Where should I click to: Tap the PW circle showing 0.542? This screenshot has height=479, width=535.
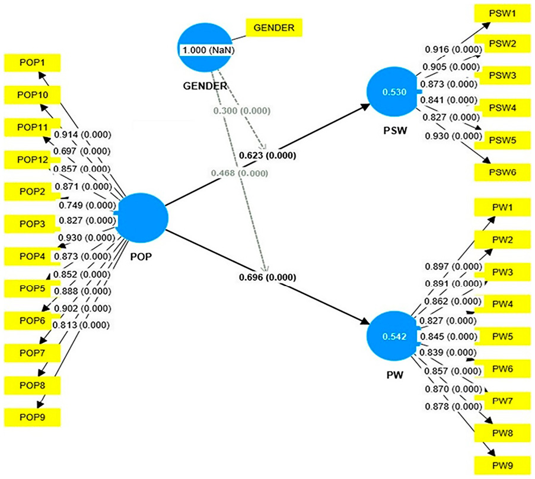[392, 337]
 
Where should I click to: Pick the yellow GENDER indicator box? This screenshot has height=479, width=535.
[275, 27]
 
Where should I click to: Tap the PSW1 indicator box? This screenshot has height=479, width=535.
[502, 12]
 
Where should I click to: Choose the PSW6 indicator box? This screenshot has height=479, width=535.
[502, 172]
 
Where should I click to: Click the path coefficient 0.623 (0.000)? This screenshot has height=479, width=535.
[267, 156]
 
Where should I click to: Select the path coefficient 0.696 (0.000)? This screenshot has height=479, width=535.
[267, 277]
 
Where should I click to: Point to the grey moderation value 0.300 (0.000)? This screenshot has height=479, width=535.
[242, 111]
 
